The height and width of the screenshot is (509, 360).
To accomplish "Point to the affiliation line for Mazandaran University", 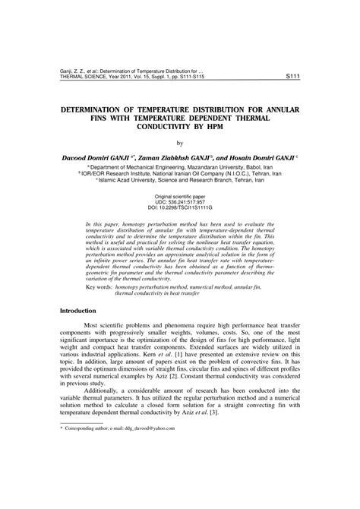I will pyautogui.click(x=180, y=167).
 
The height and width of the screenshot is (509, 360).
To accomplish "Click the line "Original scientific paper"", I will pyautogui.click(x=180, y=195).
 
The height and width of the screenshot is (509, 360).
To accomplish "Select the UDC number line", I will pyautogui.click(x=180, y=201).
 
